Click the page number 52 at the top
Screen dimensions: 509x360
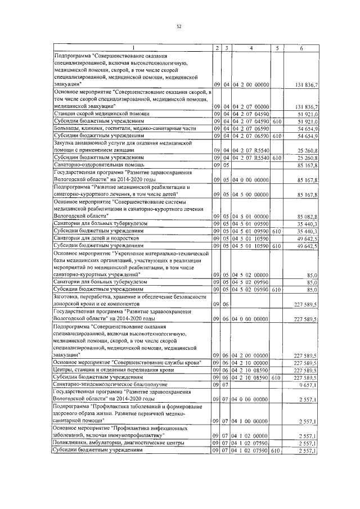[x=179, y=26]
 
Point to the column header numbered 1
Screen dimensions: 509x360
[x=132, y=48]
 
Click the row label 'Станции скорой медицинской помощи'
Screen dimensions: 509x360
[x=94, y=114]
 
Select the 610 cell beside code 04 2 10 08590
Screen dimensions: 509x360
[x=276, y=377]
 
